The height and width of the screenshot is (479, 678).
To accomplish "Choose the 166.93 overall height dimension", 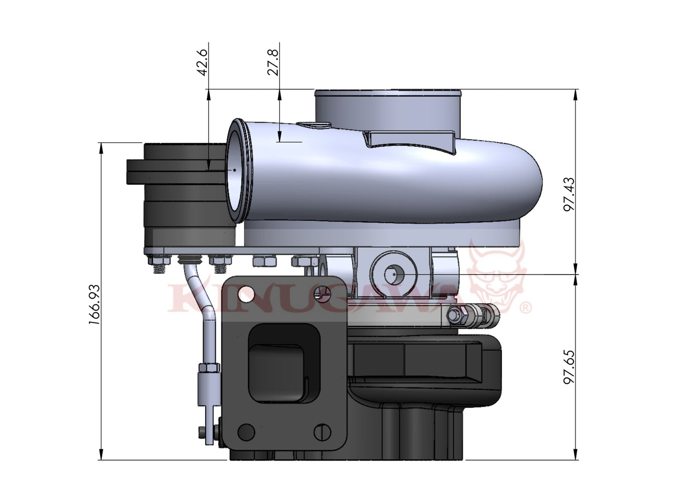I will pyautogui.click(x=94, y=304).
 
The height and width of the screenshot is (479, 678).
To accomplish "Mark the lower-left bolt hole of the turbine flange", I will pyautogui.click(x=244, y=431).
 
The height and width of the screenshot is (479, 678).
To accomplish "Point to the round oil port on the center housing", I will pyautogui.click(x=392, y=273).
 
